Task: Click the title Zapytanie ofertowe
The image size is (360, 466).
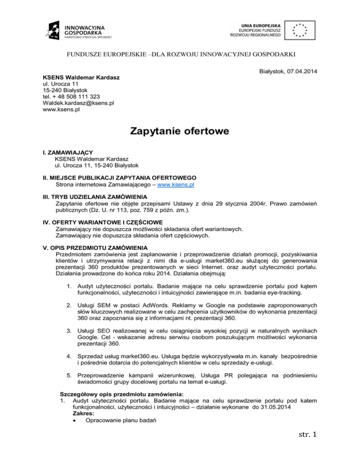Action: point(180,132)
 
